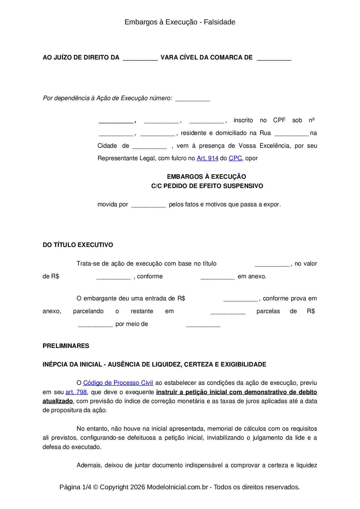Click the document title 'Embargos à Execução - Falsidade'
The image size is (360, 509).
[180, 22]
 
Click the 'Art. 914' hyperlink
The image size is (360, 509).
[207, 158]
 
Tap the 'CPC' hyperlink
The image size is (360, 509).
[235, 158]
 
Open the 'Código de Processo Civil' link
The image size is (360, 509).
[118, 383]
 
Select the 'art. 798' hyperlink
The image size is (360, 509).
[76, 392]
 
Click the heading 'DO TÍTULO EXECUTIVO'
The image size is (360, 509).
[78, 245]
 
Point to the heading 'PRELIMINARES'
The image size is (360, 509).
[66, 346]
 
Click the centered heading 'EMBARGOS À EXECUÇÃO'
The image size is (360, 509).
[206, 177]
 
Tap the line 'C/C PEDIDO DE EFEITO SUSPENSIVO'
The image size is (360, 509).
[207, 186]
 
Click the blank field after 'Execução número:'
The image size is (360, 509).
[192, 99]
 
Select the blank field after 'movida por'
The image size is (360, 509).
[148, 205]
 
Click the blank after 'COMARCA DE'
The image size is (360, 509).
[274, 58]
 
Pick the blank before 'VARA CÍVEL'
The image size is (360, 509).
[140, 58]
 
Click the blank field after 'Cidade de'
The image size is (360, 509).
[150, 146]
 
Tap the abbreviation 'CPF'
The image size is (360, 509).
[279, 120]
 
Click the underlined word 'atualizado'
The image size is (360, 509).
[57, 401]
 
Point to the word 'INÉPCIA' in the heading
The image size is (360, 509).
[54, 364]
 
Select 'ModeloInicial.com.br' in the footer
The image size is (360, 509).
[177, 487]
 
